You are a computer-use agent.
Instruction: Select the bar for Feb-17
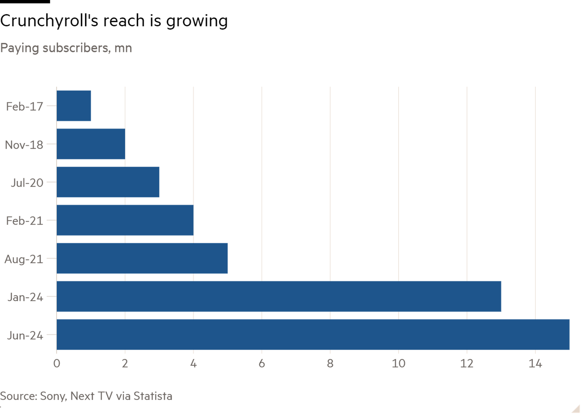click(74, 106)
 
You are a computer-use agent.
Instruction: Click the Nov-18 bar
click(91, 144)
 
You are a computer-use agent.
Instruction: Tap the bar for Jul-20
click(108, 182)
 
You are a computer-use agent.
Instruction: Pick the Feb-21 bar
click(125, 220)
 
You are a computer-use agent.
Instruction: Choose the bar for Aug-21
click(142, 258)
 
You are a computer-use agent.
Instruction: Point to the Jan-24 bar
click(279, 296)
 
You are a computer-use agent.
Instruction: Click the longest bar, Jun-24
click(313, 335)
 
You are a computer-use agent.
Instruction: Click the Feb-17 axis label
click(24, 106)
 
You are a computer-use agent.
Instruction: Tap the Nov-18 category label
click(24, 145)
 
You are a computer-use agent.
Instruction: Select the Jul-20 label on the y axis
click(27, 183)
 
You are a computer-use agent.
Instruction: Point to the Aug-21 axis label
click(24, 259)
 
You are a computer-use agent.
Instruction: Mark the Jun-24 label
click(25, 335)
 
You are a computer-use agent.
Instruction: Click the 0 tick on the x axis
click(57, 363)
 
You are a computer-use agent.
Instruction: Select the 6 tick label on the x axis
click(262, 363)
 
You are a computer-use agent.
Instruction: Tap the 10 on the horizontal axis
click(398, 363)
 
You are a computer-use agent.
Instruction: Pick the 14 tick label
click(535, 363)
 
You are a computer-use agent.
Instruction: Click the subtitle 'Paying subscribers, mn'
click(66, 48)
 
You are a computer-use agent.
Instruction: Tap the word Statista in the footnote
click(153, 396)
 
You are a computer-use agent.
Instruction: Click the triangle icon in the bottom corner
click(576, 409)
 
